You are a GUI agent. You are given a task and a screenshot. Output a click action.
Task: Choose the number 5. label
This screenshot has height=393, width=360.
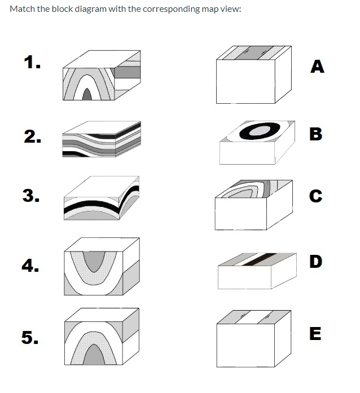point(32,337)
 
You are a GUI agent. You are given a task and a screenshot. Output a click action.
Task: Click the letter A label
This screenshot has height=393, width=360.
point(318,67)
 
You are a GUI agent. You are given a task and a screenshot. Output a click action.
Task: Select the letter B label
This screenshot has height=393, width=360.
point(316,134)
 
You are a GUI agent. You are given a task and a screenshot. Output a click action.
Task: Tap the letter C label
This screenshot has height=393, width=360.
point(316,196)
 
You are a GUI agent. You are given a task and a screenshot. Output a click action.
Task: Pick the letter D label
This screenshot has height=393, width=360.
point(317,262)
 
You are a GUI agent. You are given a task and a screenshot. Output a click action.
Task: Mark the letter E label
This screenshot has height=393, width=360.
point(316,334)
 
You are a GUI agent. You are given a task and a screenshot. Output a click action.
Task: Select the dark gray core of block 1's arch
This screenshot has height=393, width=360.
point(86,95)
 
